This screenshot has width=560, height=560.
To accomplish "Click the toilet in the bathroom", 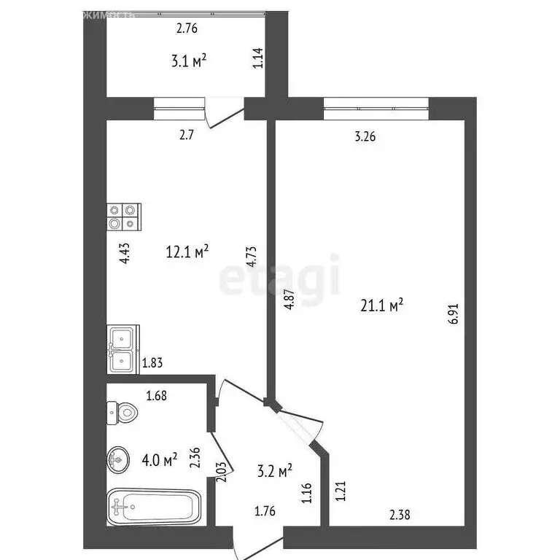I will click(122, 413).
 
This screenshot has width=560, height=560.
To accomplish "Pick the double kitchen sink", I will click(121, 349).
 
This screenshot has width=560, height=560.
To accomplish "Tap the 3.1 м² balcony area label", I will click(188, 61).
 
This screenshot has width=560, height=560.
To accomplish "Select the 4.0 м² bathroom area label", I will click(160, 459).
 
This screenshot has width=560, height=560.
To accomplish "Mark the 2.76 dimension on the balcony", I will click(187, 30).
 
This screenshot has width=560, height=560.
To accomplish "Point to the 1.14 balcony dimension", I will click(257, 58).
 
